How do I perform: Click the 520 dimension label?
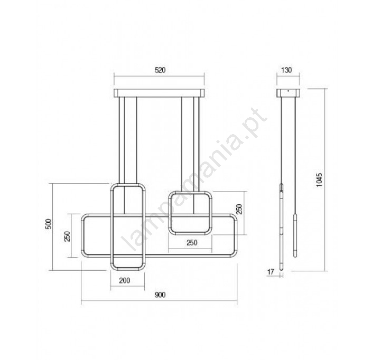[160, 70]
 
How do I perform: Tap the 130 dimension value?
[286, 70]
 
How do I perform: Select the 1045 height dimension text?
[319, 180]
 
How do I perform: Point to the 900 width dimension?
[160, 295]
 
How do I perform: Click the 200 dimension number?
[125, 280]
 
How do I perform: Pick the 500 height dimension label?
[49, 224]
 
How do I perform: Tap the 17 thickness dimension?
[271, 272]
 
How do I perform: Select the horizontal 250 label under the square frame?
[192, 242]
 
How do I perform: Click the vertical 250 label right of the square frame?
[239, 209]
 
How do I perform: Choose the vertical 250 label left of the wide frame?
[67, 236]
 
